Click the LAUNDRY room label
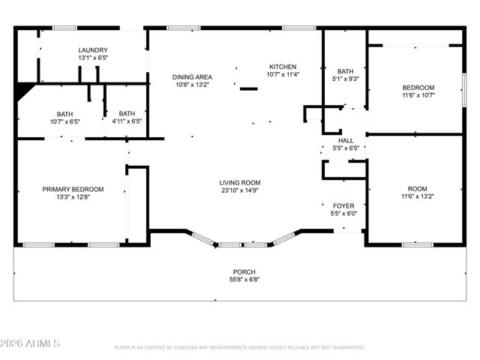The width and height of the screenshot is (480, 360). pyautogui.click(x=93, y=50)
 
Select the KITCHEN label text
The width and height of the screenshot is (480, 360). pyautogui.click(x=283, y=67)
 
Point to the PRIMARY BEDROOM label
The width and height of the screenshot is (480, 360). pyautogui.click(x=73, y=189)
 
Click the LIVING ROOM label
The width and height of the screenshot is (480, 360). pyautogui.click(x=240, y=183)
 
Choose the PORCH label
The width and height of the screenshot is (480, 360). pyautogui.click(x=244, y=271)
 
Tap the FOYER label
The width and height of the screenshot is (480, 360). pyautogui.click(x=343, y=205)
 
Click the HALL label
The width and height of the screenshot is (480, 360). pyautogui.click(x=346, y=140)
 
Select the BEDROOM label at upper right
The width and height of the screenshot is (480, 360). pyautogui.click(x=418, y=87)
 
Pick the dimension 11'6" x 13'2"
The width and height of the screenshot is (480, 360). pyautogui.click(x=418, y=196)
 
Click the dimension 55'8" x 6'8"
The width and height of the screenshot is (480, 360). pyautogui.click(x=244, y=280)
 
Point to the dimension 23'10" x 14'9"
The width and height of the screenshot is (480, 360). pyautogui.click(x=240, y=190)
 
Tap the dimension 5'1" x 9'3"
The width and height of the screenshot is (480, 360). pyautogui.click(x=345, y=78)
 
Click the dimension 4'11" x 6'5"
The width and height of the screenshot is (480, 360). pyautogui.click(x=127, y=121)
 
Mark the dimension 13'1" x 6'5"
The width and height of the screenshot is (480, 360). pyautogui.click(x=93, y=58)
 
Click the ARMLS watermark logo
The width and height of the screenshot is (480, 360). pyautogui.click(x=31, y=343)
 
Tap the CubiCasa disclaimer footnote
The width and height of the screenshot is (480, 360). pyautogui.click(x=240, y=347)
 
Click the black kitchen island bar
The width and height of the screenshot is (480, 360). pyautogui.click(x=248, y=89)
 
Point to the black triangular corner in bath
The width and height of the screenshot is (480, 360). pyautogui.click(x=25, y=90)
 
